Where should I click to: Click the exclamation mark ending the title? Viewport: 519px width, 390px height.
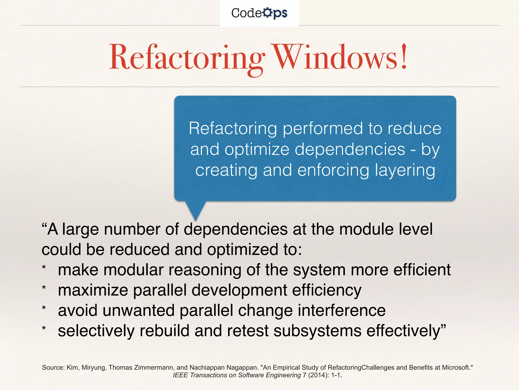coord(404,56)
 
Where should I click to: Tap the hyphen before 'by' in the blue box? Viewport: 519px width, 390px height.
coord(413,150)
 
